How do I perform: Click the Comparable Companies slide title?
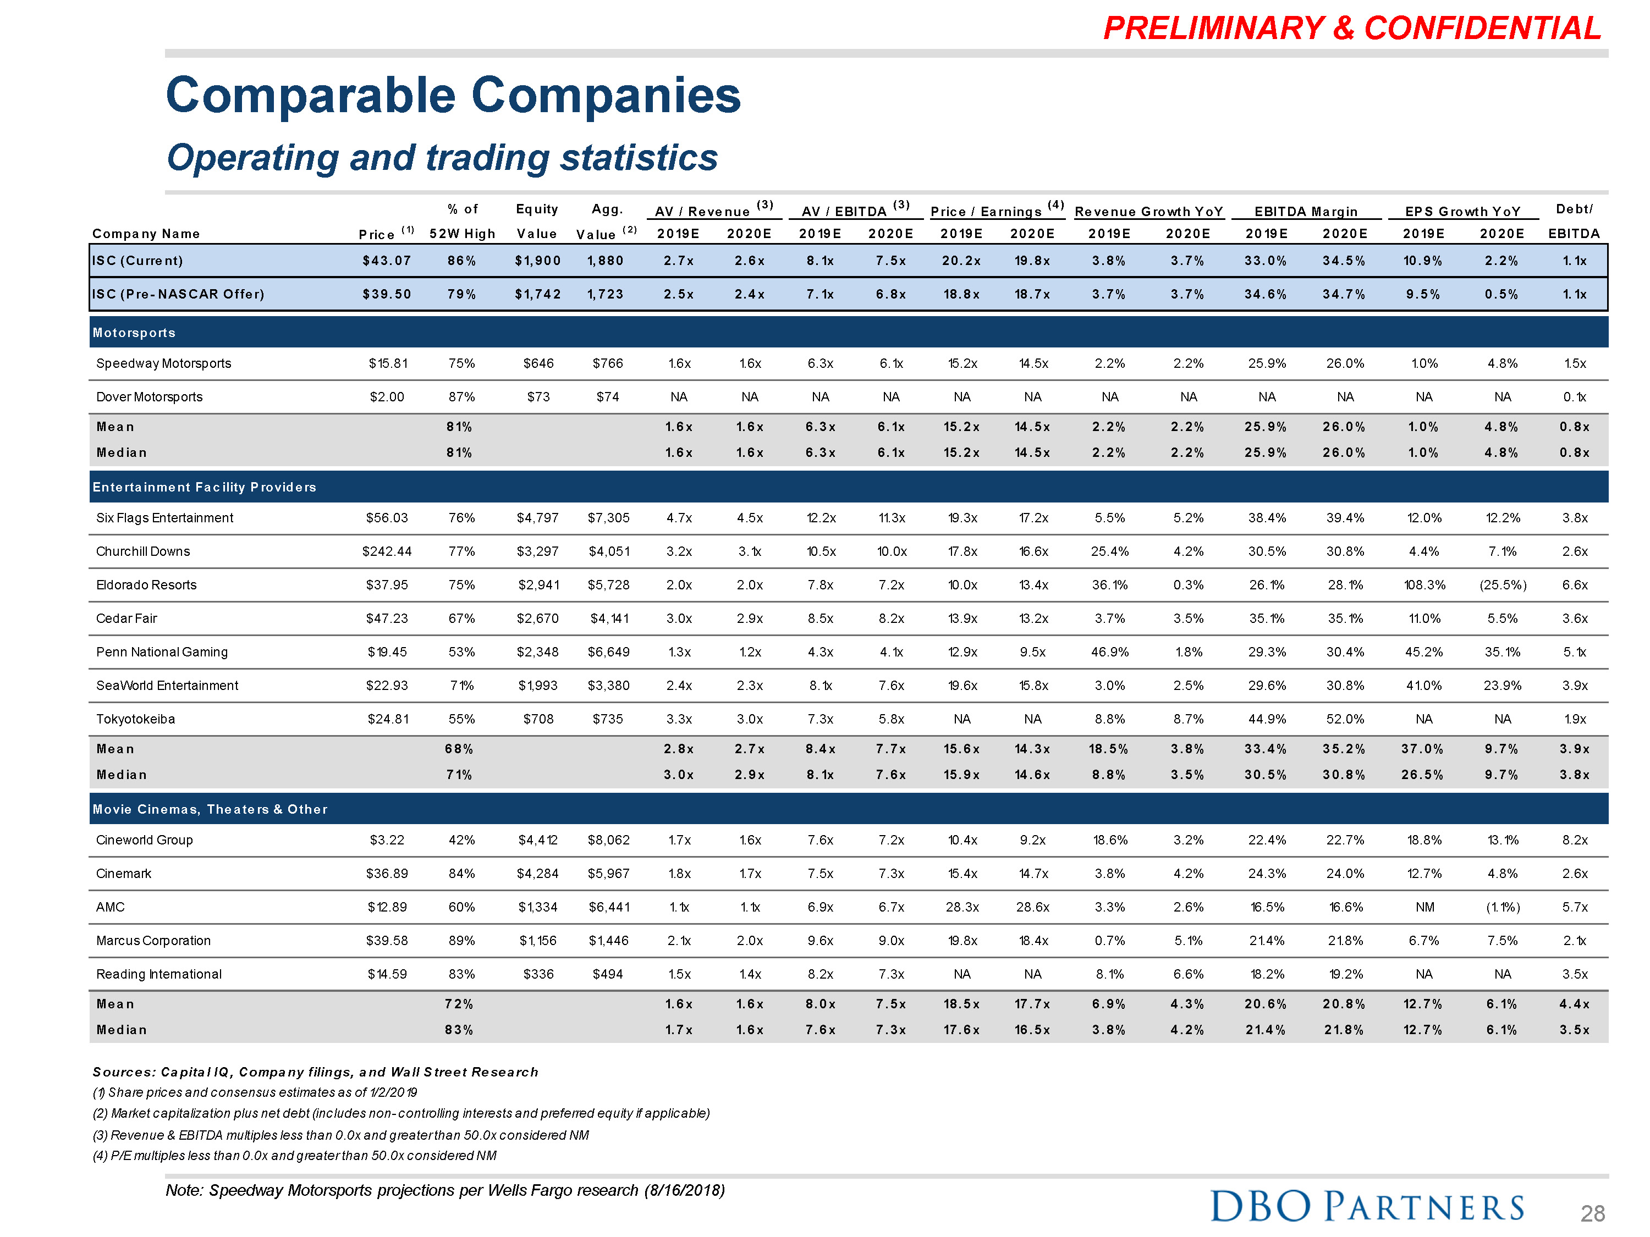click(x=453, y=96)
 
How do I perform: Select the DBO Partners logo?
click(x=1367, y=1206)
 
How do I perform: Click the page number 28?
click(x=1592, y=1214)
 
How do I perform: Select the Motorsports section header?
click(x=134, y=333)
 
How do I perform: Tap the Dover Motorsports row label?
click(x=149, y=397)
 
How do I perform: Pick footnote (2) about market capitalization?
click(x=400, y=1113)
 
